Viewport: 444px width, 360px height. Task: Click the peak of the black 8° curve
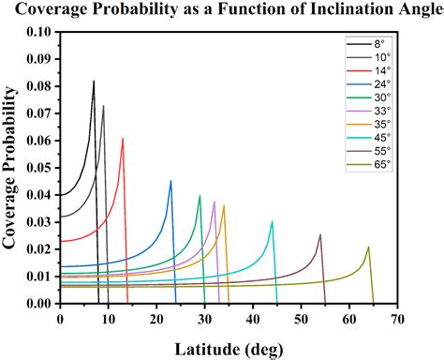(x=94, y=81)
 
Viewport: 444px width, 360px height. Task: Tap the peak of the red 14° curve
(x=123, y=139)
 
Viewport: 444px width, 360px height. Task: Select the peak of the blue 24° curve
(x=170, y=181)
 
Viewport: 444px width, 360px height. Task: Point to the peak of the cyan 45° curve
(x=273, y=221)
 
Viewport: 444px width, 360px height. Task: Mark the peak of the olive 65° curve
(x=369, y=247)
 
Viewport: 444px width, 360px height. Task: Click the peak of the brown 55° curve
(x=320, y=234)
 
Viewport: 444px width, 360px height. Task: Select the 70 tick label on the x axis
(x=397, y=319)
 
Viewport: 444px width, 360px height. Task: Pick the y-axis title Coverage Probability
(x=13, y=167)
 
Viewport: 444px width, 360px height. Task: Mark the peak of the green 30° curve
(x=200, y=196)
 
